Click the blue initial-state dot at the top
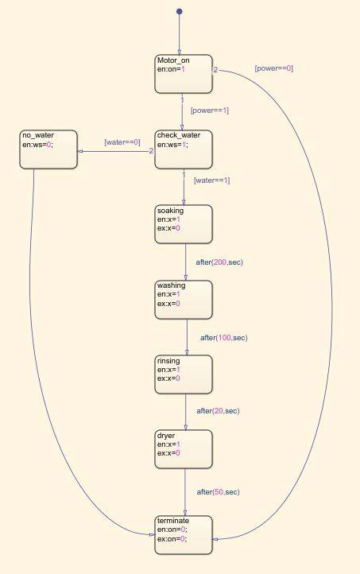[180, 12]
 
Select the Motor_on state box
[184, 74]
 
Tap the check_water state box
[184, 149]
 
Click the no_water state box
[48, 149]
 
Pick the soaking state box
[184, 224]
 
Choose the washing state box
[184, 300]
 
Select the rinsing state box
[184, 374]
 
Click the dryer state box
[184, 449]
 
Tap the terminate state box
[184, 535]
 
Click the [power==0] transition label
[274, 68]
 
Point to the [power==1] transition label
[210, 111]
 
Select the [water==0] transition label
[122, 142]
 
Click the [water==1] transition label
[212, 180]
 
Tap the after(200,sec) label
[219, 262]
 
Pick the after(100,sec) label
[224, 338]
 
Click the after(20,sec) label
[218, 411]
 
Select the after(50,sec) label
[218, 492]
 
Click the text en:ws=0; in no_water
[37, 145]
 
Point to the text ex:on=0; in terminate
[172, 539]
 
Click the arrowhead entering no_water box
[79, 151]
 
